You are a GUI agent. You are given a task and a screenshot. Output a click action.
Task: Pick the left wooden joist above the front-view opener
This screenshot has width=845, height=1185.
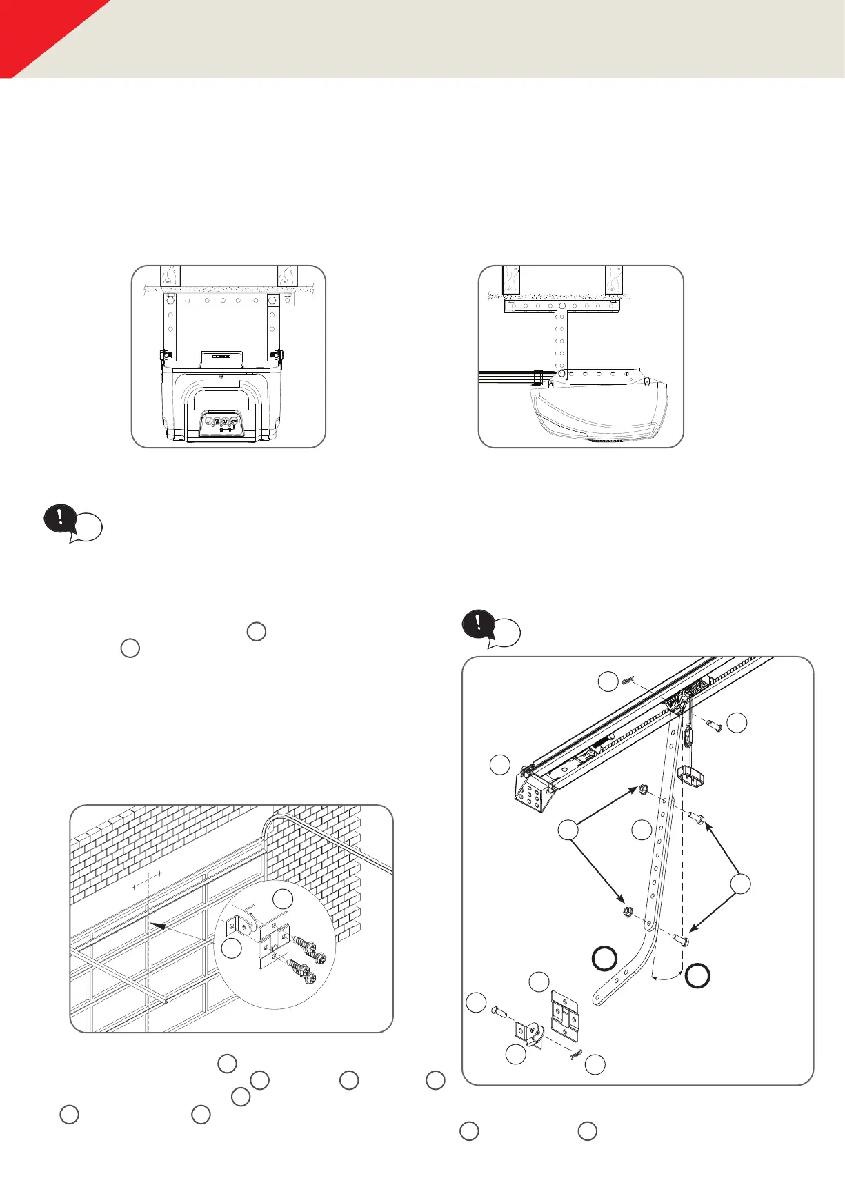[170, 276]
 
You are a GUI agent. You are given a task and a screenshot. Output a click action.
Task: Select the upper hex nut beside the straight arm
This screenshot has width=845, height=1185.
[642, 789]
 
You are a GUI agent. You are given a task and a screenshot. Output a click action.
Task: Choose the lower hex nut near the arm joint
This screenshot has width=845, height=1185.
[627, 912]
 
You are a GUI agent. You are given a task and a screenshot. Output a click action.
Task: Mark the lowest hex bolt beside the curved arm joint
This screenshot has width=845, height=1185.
[679, 939]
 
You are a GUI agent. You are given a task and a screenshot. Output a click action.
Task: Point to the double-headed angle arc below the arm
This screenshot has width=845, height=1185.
[667, 977]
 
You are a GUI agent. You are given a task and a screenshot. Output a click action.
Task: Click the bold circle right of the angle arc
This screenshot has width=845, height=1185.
[697, 975]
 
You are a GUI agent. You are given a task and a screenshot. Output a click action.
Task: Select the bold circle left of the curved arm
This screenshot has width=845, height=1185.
[604, 959]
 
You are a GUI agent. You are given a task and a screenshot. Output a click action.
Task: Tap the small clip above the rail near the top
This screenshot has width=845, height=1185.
[628, 681]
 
